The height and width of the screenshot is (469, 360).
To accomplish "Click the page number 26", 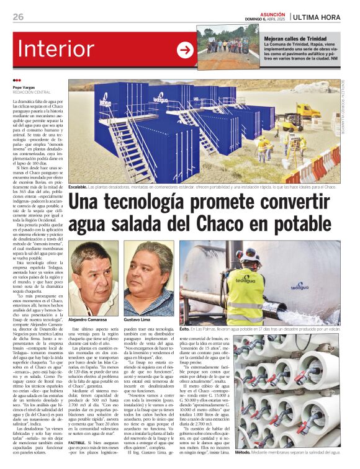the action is point(17,17).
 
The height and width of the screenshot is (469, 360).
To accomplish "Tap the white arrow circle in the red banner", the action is point(185,50).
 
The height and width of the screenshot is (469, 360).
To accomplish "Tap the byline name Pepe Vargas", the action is point(25,87).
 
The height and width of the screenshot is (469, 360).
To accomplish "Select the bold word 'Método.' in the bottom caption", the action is point(244,452).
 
